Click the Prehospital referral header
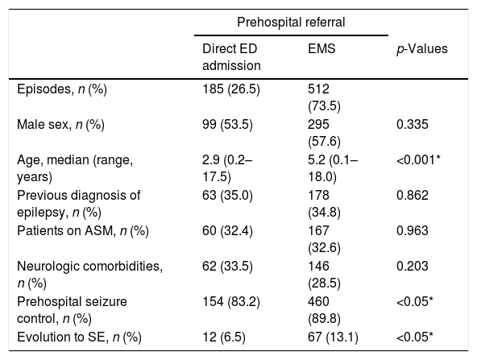pyautogui.click(x=291, y=23)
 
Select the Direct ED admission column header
pyautogui.click(x=231, y=57)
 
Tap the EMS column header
pyautogui.click(x=321, y=48)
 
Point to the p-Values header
pyautogui.click(x=422, y=49)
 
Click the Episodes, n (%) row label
pyautogui.click(x=62, y=89)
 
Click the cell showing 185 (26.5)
pyautogui.click(x=231, y=89)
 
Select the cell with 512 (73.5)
pyautogui.click(x=324, y=97)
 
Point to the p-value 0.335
pyautogui.click(x=413, y=124)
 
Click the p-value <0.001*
pyautogui.click(x=419, y=159)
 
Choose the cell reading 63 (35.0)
pyautogui.click(x=227, y=196)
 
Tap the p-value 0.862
pyautogui.click(x=413, y=195)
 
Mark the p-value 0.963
pyautogui.click(x=413, y=231)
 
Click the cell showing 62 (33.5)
pyautogui.click(x=227, y=267)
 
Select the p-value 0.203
pyautogui.click(x=413, y=266)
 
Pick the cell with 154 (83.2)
pyautogui.click(x=231, y=302)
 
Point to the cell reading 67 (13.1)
pyautogui.click(x=333, y=337)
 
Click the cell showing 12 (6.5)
pyautogui.click(x=224, y=337)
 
